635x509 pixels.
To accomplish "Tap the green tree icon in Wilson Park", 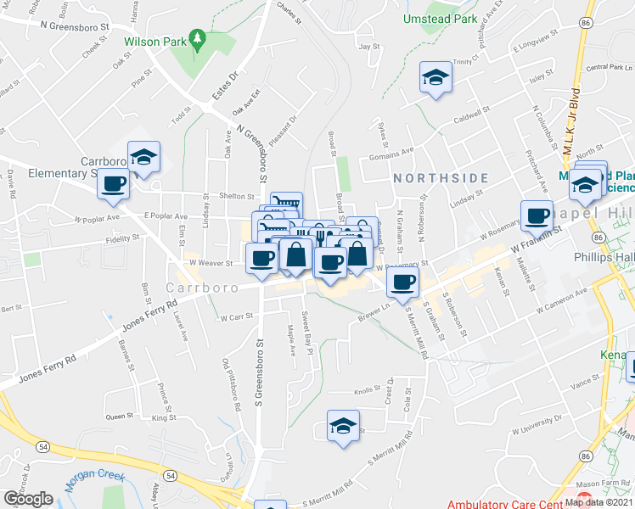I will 197,39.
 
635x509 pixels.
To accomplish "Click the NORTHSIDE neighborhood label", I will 441,178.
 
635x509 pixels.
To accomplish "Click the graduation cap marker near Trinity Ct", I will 436,77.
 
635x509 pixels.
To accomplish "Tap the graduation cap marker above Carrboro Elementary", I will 144,156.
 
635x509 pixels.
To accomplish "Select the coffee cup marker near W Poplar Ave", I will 113,183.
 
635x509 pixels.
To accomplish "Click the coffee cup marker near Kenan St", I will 537,215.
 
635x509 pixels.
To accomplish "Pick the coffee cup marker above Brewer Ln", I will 403,282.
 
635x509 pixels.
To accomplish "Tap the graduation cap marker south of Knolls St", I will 343,426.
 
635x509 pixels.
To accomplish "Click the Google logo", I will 28,498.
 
